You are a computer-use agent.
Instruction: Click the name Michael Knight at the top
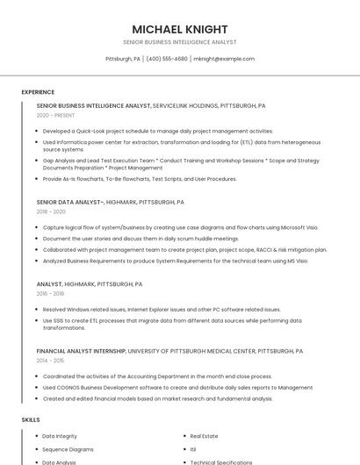click(179, 29)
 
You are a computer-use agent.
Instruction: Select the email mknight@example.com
click(224, 59)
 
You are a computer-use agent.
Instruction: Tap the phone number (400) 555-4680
click(167, 59)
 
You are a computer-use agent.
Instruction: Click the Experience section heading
click(38, 92)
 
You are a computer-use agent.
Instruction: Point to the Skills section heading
click(31, 420)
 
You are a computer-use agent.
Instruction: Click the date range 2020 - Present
click(55, 115)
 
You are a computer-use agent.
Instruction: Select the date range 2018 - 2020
click(51, 211)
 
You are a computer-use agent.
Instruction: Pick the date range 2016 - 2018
click(50, 293)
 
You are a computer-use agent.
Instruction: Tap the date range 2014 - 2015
click(50, 360)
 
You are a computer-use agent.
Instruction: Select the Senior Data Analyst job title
click(70, 202)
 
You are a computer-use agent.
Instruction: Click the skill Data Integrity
click(60, 436)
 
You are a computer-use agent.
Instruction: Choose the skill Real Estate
click(204, 436)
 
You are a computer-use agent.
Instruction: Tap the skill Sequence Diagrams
click(67, 449)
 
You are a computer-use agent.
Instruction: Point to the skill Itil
click(193, 449)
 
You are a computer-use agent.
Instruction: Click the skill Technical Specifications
click(221, 461)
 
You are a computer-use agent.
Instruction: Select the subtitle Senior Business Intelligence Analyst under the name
click(179, 42)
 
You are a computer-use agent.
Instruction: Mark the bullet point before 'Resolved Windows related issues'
click(38, 310)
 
